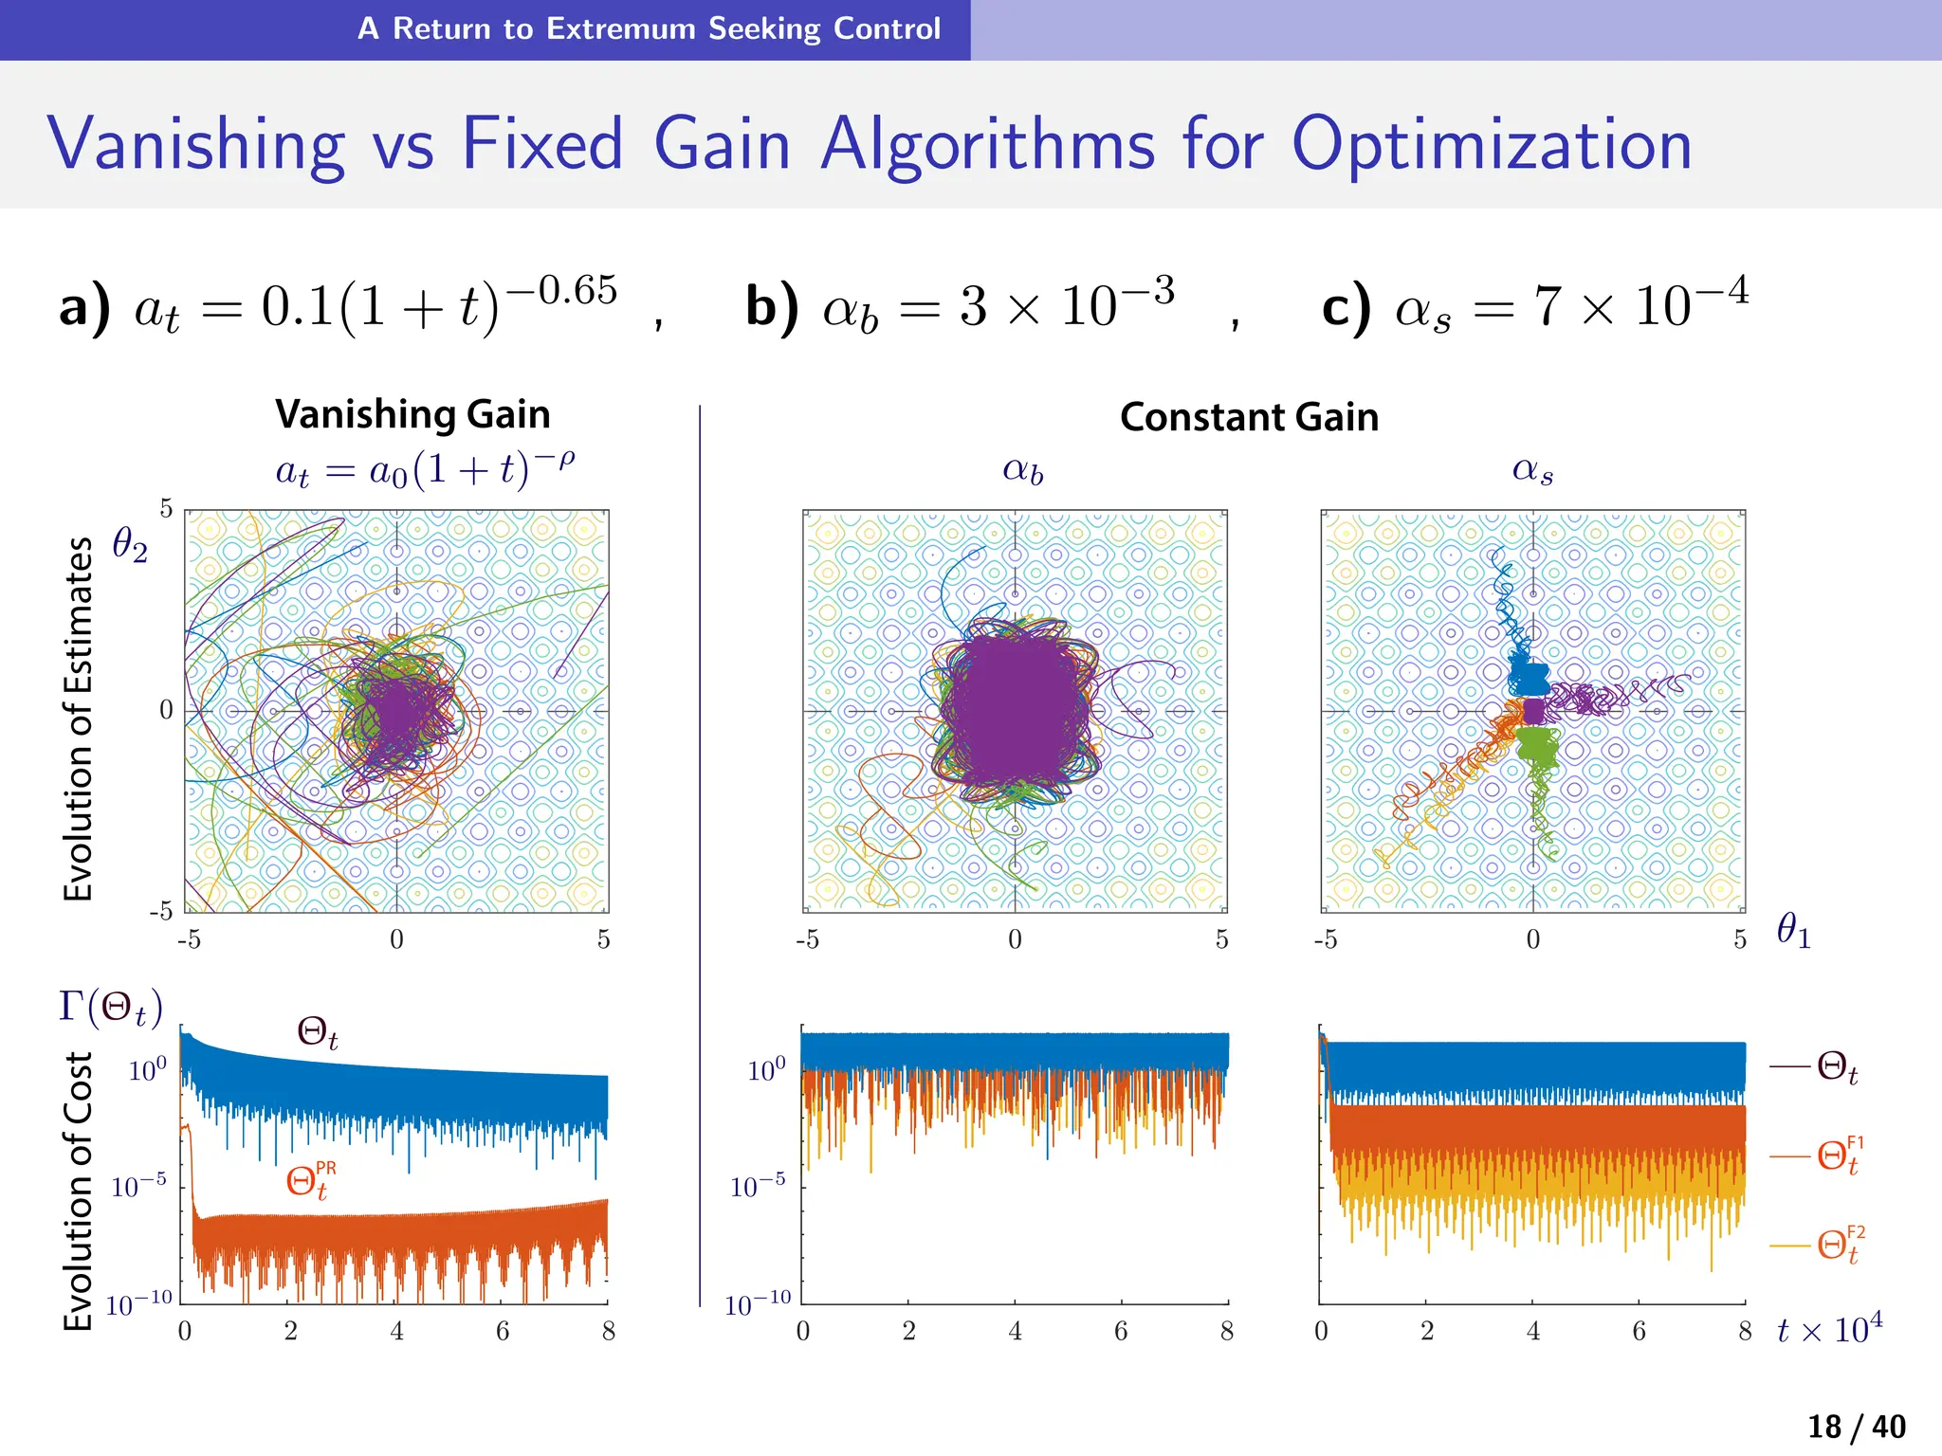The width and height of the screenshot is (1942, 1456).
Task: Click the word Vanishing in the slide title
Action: click(196, 144)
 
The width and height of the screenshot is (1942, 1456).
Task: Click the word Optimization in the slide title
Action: click(1492, 144)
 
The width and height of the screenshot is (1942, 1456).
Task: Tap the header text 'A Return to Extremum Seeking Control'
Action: click(649, 28)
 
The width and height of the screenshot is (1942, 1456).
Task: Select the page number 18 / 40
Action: click(1856, 1427)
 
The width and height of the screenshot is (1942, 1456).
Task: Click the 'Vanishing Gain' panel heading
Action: click(412, 414)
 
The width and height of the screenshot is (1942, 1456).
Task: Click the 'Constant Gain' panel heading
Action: click(1249, 417)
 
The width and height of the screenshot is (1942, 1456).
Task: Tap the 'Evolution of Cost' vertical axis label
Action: click(79, 1190)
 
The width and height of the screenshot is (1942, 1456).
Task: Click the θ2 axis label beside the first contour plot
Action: click(130, 545)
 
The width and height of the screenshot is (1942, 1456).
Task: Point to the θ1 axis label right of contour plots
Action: click(1793, 930)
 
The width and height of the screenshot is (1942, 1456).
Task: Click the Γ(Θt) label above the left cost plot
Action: click(111, 1006)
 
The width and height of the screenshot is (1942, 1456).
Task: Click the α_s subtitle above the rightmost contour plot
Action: click(1532, 470)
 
